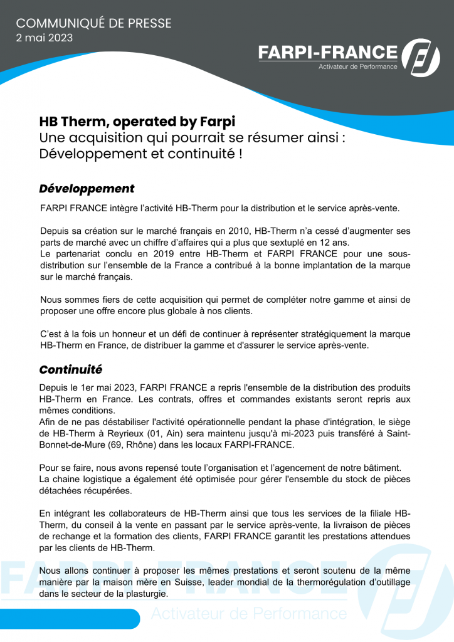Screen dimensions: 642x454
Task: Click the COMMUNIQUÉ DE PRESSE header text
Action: click(x=93, y=23)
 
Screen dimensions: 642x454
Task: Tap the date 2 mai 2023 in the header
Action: click(x=44, y=38)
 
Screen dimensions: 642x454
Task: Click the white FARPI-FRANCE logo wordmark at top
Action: click(x=328, y=53)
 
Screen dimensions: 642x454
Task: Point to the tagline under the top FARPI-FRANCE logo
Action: click(x=358, y=66)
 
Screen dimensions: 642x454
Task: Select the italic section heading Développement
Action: click(x=87, y=189)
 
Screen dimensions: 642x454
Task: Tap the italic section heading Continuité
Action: click(x=70, y=369)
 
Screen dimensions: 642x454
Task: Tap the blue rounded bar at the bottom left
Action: click(x=69, y=619)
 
